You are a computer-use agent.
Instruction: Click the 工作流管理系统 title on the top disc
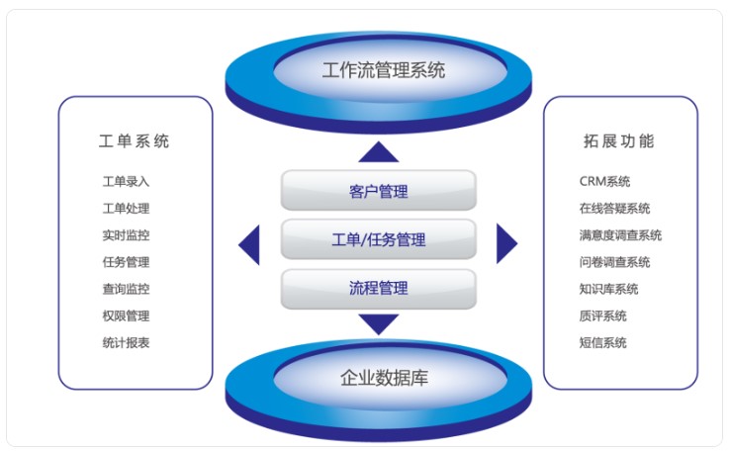coord(384,70)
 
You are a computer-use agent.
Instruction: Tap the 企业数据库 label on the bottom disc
coord(384,378)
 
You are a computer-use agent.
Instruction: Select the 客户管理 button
coord(379,190)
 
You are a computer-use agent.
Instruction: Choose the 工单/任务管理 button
coord(379,239)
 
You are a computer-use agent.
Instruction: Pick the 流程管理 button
coord(379,289)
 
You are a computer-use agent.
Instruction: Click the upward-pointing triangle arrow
coord(379,152)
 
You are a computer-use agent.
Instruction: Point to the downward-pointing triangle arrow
coord(379,324)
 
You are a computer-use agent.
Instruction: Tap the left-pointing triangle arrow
coord(249,245)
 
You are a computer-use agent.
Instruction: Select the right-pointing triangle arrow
coord(506,243)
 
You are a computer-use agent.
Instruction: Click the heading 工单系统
coord(134,140)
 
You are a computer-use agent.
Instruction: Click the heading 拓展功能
coord(619,140)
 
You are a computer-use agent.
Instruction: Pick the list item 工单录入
coord(126,181)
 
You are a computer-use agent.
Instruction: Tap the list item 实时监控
coord(126,235)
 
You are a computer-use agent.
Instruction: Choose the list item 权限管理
coord(126,316)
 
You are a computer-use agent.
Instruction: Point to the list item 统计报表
coord(126,343)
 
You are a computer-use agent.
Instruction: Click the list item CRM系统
coord(605,181)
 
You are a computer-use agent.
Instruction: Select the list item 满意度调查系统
coord(620,235)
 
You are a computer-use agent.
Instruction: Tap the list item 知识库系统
coord(608,289)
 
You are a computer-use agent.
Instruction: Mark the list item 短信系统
coord(603,343)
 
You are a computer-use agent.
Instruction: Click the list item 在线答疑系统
coord(614,209)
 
